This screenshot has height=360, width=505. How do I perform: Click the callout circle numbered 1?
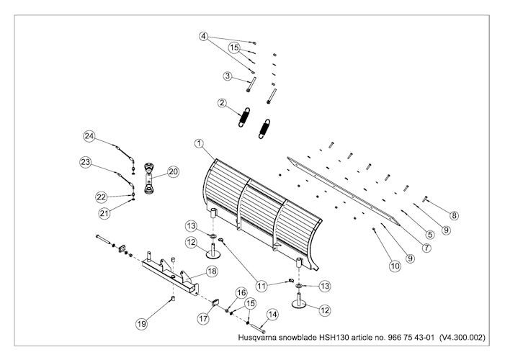pos(199,144)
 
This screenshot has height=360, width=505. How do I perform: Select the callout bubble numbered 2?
pos(223,103)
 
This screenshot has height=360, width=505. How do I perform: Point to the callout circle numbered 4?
pos(205,36)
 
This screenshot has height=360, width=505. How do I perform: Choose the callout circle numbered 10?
pos(394,266)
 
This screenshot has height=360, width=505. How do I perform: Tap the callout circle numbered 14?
pos(272,314)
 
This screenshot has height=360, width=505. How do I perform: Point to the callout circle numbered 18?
pos(212,271)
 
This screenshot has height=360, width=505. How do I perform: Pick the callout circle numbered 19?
pos(142,324)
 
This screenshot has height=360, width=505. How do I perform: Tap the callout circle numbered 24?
pos(89,136)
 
